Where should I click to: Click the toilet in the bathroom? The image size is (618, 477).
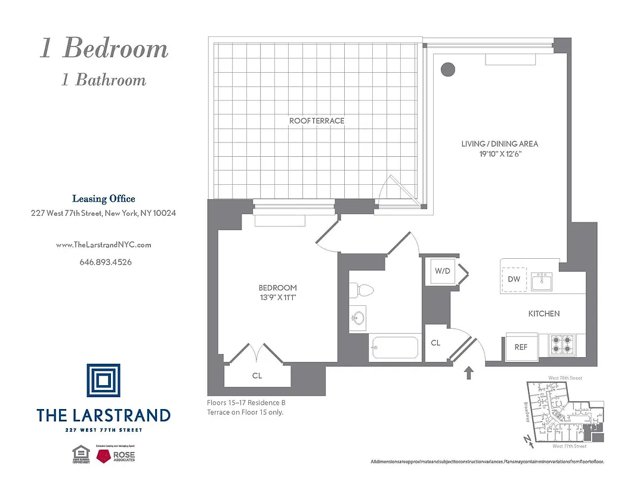(x=362, y=290)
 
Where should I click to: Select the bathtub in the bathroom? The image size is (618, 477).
(x=394, y=348)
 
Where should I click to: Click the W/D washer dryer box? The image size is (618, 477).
(x=442, y=271)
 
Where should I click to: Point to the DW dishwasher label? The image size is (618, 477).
(x=514, y=279)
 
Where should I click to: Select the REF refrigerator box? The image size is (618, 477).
(x=521, y=347)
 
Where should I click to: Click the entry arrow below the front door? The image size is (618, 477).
(x=469, y=373)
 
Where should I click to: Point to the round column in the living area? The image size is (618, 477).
(x=447, y=69)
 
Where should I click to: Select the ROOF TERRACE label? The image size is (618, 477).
(x=317, y=121)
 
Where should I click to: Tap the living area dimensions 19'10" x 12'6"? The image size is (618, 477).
(x=499, y=153)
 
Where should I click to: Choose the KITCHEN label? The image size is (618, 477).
(x=543, y=314)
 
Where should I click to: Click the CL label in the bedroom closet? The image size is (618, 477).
(x=257, y=376)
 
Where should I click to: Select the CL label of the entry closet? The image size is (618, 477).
(x=435, y=343)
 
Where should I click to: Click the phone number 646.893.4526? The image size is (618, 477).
(x=106, y=262)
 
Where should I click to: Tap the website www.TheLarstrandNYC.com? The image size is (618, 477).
(x=103, y=244)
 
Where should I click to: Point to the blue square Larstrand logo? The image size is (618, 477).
(x=103, y=380)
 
